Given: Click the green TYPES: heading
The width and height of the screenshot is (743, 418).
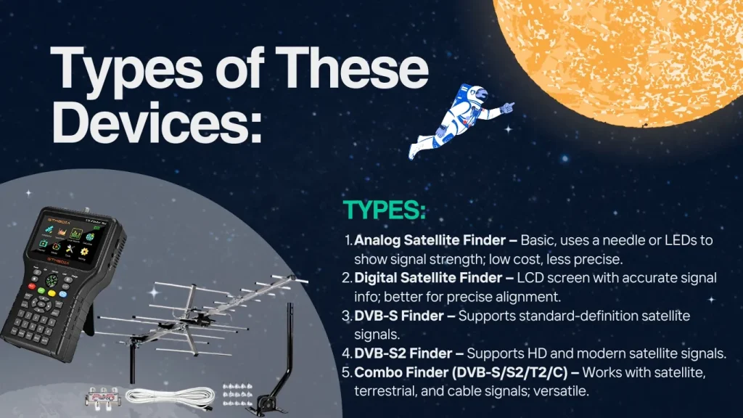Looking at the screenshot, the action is pos(385,210).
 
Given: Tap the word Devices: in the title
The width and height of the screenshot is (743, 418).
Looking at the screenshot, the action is pos(157,122).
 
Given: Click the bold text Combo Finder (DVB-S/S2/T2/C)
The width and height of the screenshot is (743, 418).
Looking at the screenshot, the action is pos(461,372).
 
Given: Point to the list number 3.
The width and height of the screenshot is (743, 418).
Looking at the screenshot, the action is pos(346,316).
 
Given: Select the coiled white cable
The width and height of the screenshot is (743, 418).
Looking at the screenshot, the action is pos(169,397).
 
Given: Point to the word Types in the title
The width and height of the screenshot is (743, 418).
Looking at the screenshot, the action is pos(126,69).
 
